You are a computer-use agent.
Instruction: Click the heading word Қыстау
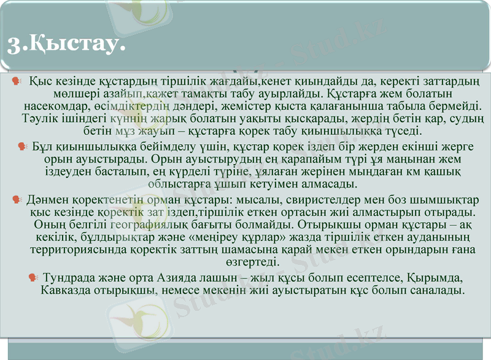[x=74, y=43]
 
